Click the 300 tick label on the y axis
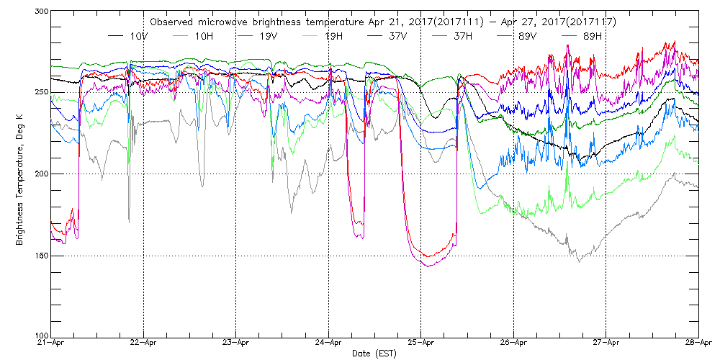pos(40,12)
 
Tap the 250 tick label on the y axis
pos(40,92)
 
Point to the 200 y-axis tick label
pos(40,174)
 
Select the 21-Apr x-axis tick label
pos(51,343)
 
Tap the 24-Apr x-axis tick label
pos(328,343)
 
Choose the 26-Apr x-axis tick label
pos(513,343)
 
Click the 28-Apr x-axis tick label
pos(698,343)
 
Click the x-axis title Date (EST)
pos(374,354)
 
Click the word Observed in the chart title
pos(171,22)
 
